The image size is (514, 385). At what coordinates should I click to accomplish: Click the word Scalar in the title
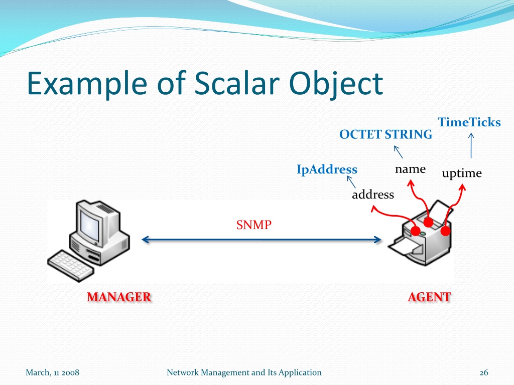click(x=237, y=84)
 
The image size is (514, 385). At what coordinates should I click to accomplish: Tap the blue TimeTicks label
click(x=469, y=122)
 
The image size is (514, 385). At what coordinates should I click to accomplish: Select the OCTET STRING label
click(x=386, y=134)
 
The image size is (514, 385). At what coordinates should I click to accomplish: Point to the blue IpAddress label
click(x=327, y=169)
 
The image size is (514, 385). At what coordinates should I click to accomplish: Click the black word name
click(x=411, y=169)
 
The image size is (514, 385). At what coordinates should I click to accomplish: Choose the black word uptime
click(x=462, y=173)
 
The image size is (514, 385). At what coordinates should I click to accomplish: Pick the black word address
click(x=373, y=195)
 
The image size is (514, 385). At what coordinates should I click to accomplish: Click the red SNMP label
click(x=253, y=225)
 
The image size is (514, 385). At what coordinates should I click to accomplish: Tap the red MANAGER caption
click(x=119, y=297)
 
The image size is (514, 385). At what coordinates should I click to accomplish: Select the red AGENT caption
click(x=430, y=297)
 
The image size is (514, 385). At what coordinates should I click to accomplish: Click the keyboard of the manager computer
click(x=70, y=266)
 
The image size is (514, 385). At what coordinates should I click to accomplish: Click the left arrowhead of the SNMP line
click(x=145, y=240)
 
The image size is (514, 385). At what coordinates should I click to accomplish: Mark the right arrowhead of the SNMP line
click(x=377, y=240)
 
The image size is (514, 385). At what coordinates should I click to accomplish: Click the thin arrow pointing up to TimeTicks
click(x=471, y=146)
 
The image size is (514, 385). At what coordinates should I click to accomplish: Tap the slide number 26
click(x=484, y=372)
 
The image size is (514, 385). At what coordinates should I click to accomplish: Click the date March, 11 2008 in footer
click(x=52, y=372)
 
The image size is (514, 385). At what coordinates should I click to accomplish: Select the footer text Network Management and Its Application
click(x=244, y=372)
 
